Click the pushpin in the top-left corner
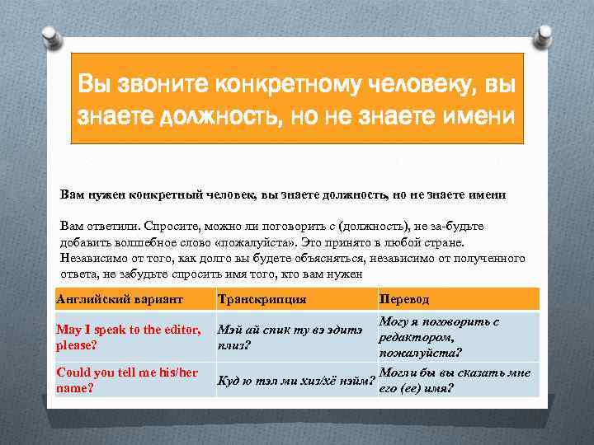[x=50, y=36]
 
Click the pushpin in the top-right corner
[x=544, y=36]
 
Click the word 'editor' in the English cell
[x=173, y=330]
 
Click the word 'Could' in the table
[x=73, y=372]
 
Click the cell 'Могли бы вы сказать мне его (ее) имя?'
[x=455, y=380]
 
